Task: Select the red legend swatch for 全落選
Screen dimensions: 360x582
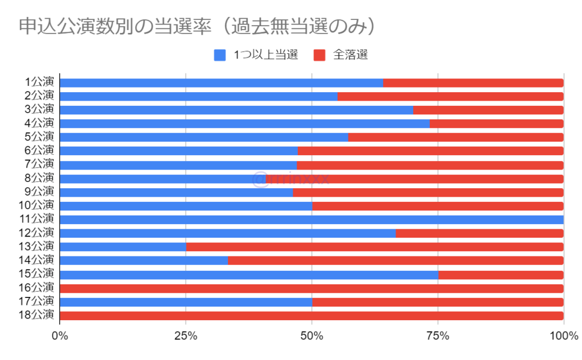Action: (319, 55)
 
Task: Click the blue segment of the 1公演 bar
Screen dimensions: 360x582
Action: (221, 83)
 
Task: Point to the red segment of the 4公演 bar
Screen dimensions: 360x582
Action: (496, 123)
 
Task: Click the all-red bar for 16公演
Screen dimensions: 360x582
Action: (311, 288)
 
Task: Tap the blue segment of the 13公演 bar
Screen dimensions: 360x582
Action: (123, 247)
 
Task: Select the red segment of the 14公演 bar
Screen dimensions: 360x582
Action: (396, 260)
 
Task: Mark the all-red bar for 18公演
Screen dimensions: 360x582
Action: (311, 316)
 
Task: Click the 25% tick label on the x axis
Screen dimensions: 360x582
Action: (185, 336)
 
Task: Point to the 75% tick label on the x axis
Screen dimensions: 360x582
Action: (438, 336)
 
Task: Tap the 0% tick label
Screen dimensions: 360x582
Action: (59, 336)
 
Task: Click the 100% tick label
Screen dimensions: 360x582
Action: (563, 336)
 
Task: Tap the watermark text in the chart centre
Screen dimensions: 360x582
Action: (290, 179)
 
